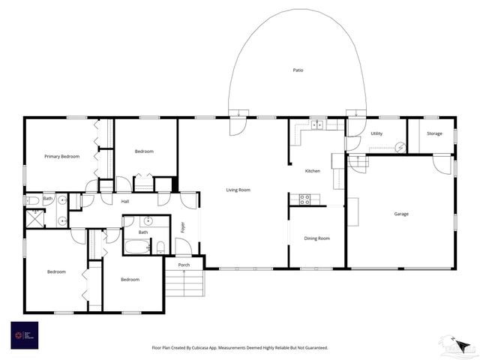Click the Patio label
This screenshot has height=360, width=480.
coord(298,70)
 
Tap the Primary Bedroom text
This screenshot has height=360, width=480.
coord(61,156)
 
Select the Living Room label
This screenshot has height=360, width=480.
coord(238,190)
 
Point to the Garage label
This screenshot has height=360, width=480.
coord(401,214)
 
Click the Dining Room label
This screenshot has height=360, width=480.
coord(316,238)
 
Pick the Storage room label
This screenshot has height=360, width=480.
coord(435,133)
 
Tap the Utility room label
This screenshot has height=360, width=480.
coord(376,133)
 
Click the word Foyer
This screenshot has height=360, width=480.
coord(182,227)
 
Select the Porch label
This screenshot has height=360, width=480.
coord(184,265)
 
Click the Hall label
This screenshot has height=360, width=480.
coord(126,201)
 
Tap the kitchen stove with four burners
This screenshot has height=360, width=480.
coord(305,199)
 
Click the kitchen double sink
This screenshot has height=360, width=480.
coord(318,124)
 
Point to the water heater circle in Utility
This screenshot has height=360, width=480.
coord(400,148)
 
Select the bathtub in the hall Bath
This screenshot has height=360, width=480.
coord(138,246)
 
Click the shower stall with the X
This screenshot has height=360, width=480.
coord(34,218)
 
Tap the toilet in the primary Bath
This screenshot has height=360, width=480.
coord(33,201)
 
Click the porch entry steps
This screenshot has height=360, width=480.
coord(184,284)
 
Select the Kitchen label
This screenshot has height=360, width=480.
coord(313,171)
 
